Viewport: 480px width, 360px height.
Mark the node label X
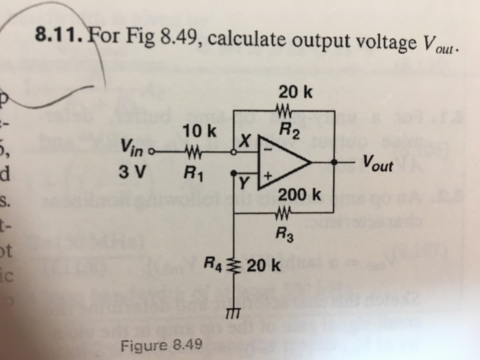[243, 141]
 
